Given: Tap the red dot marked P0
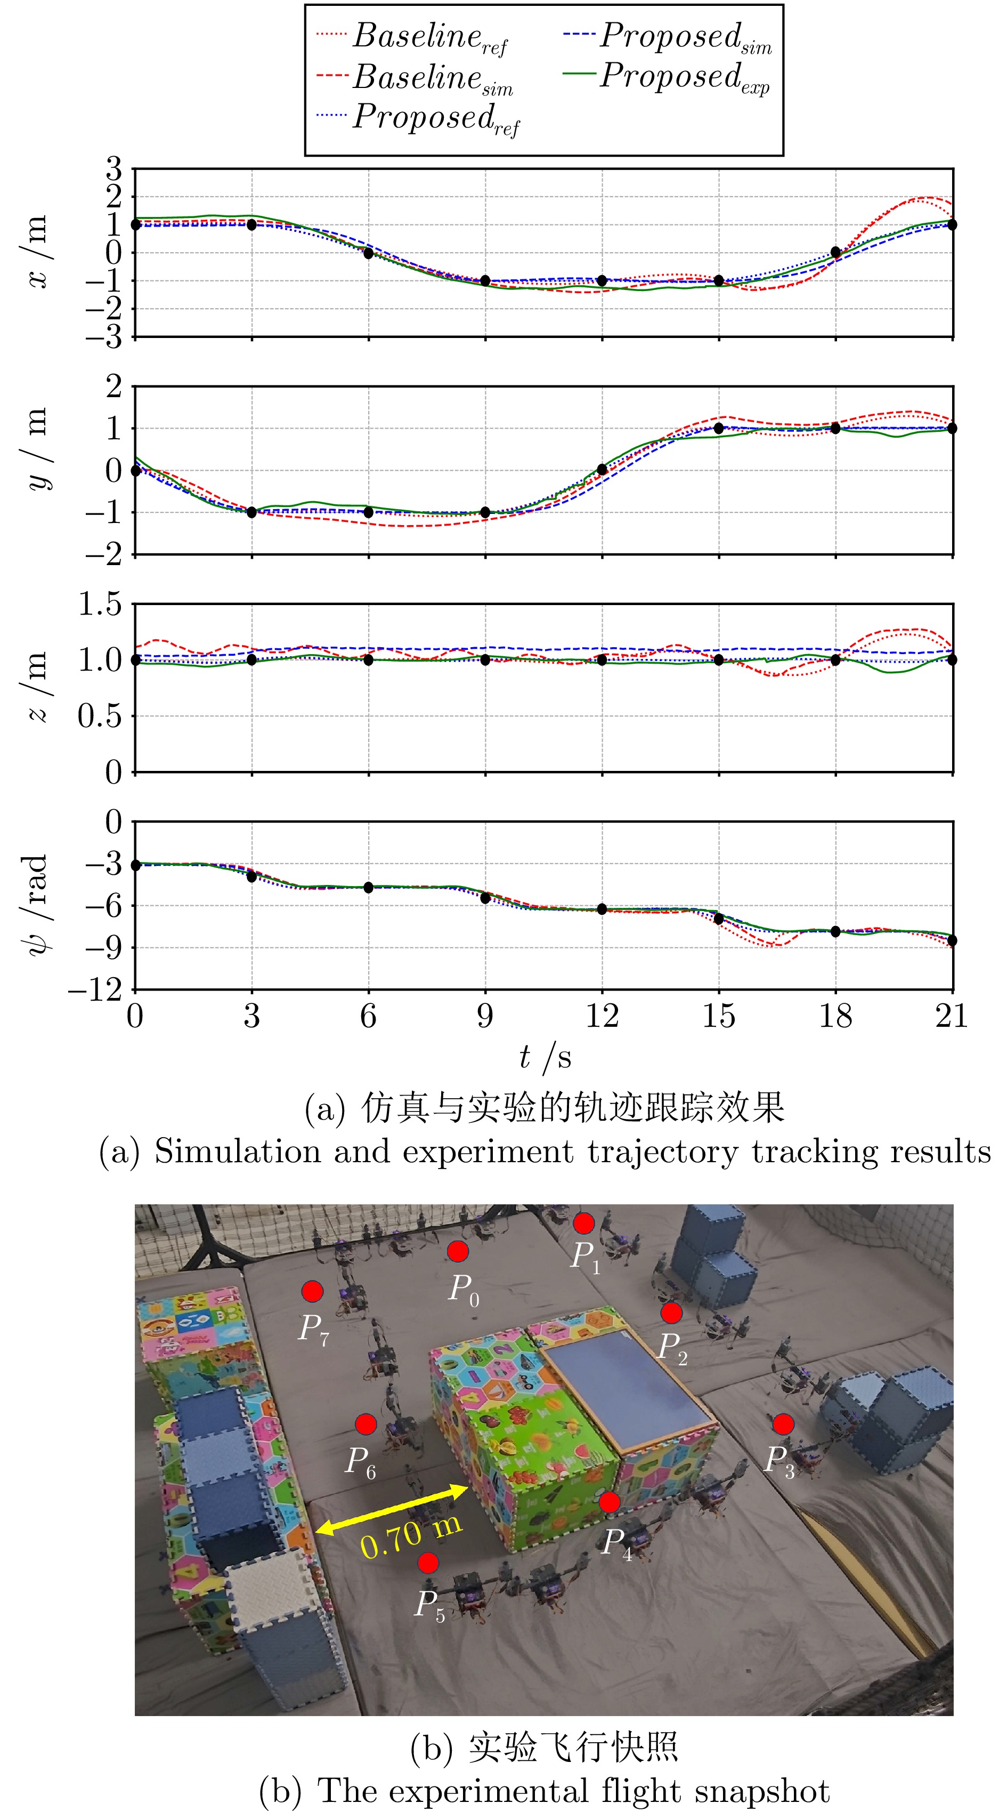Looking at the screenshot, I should [458, 1251].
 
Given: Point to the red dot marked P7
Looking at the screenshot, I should [312, 1291].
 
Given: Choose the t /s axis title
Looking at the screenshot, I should [545, 1057].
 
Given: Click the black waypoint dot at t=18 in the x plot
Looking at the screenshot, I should [835, 252].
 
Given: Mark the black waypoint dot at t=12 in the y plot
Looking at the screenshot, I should [602, 470].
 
